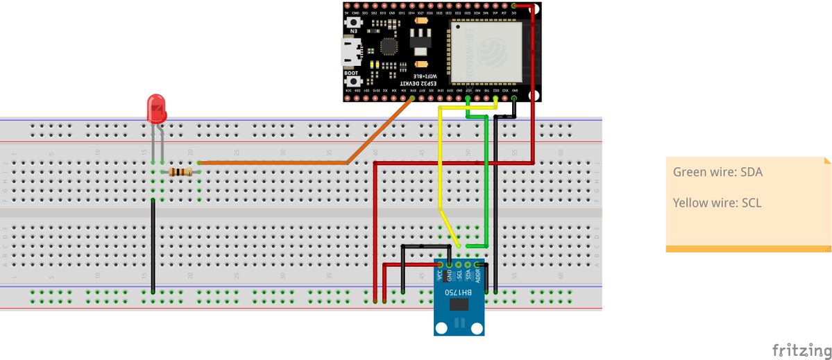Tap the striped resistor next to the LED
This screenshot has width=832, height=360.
(180, 171)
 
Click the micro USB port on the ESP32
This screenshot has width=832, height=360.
(350, 50)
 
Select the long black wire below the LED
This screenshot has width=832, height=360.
(153, 243)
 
